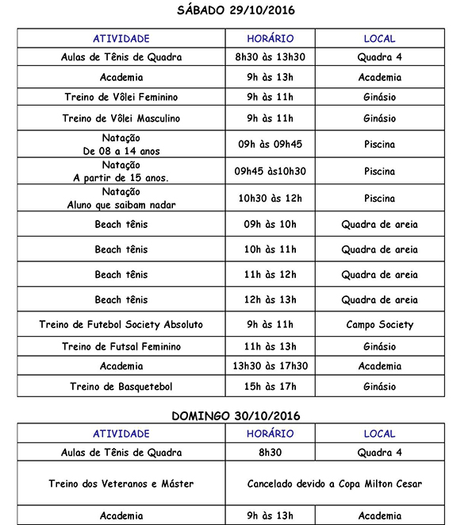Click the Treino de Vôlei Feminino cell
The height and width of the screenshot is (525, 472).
pos(121,97)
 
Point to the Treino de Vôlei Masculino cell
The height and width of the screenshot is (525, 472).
pos(121,118)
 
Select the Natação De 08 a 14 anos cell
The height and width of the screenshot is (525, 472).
pos(121,145)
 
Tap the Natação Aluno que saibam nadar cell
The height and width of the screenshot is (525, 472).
pos(121,198)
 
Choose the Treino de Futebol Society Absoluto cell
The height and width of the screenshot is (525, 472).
pos(121,324)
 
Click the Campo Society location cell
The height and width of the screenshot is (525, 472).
pos(379,324)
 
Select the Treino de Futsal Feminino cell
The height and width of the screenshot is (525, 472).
pos(121,346)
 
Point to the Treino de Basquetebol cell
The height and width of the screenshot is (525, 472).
pos(121,387)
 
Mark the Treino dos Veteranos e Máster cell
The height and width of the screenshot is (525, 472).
pos(121,484)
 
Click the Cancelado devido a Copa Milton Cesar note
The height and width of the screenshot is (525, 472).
pos(334,484)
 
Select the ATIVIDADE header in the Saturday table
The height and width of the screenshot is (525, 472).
pos(121,38)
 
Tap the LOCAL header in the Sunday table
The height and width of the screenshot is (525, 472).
pos(379,434)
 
